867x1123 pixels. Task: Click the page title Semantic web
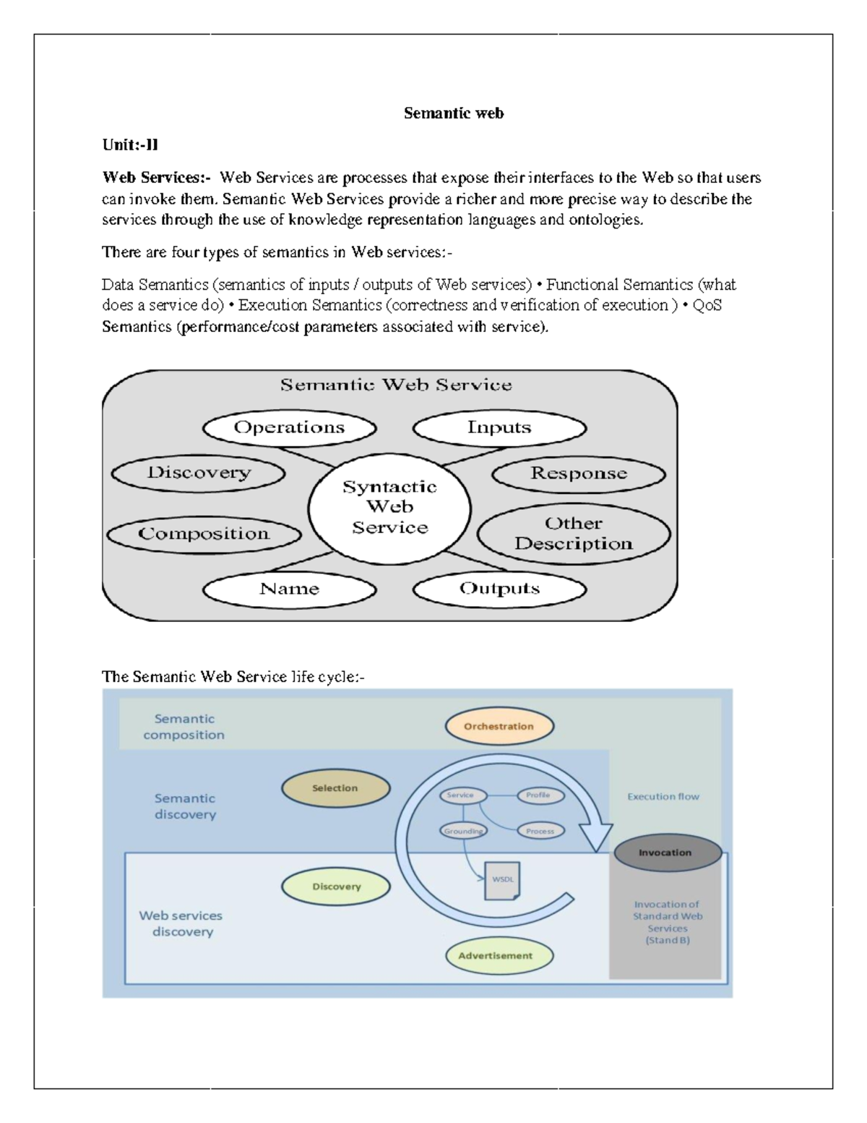pos(453,113)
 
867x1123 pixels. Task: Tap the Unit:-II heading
pos(130,145)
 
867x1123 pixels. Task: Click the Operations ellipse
pos(289,427)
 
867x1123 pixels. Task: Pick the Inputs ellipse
pos(499,427)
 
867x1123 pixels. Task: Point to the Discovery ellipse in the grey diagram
pos(199,473)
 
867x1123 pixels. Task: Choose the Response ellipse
pos(579,474)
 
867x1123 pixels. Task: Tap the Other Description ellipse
pos(574,534)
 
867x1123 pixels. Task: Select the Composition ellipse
pos(204,534)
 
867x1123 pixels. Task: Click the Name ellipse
pos(289,589)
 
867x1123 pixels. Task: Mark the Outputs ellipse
pos(499,589)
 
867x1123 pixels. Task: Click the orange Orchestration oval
pos(499,726)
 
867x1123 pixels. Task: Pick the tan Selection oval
pos(335,788)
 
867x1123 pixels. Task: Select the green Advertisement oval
pos(496,955)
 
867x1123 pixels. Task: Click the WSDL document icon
pos(501,880)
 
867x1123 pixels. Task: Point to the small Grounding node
pos(463,831)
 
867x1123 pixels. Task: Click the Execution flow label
pos(663,796)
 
